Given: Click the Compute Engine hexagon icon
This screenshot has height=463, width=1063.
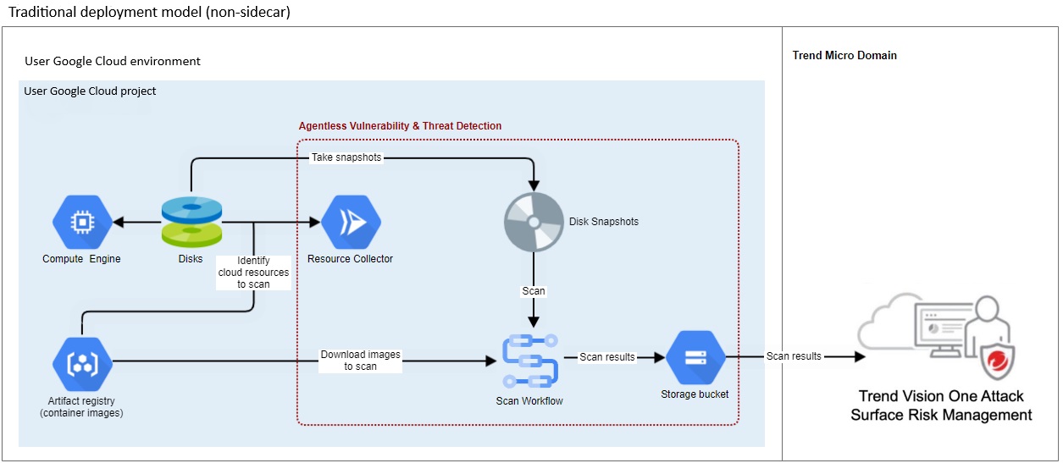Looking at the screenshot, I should point(82,223).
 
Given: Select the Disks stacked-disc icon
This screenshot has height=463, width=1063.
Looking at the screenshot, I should point(191,222).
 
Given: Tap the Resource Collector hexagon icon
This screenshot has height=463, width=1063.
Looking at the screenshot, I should point(351,223).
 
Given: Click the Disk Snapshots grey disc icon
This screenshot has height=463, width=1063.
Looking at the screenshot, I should point(534,223).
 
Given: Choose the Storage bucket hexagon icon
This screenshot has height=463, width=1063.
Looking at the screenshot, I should point(695,357).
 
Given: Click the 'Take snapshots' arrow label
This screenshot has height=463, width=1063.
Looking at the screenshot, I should point(346,157).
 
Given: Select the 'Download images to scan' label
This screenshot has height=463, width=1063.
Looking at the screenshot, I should point(361,361).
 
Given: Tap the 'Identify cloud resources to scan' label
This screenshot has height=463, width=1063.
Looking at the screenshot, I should point(253,273).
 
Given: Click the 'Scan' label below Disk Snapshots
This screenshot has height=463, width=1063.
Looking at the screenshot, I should point(534,290).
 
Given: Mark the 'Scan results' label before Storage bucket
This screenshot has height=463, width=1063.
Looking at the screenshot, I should point(606,357).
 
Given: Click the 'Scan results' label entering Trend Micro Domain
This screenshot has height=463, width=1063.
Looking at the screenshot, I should point(794,356).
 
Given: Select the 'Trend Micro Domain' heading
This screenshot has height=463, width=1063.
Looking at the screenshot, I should point(844,56).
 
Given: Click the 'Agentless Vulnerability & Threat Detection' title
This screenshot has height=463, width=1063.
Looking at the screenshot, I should point(400,126).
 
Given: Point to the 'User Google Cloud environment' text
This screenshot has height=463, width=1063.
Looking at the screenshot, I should point(113,62).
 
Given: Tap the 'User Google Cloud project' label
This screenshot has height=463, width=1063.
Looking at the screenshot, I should point(90,91).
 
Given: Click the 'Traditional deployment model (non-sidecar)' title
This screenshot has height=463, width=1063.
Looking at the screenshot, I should point(149,13).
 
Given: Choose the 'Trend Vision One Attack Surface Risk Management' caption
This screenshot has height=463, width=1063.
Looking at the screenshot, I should point(941,405).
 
